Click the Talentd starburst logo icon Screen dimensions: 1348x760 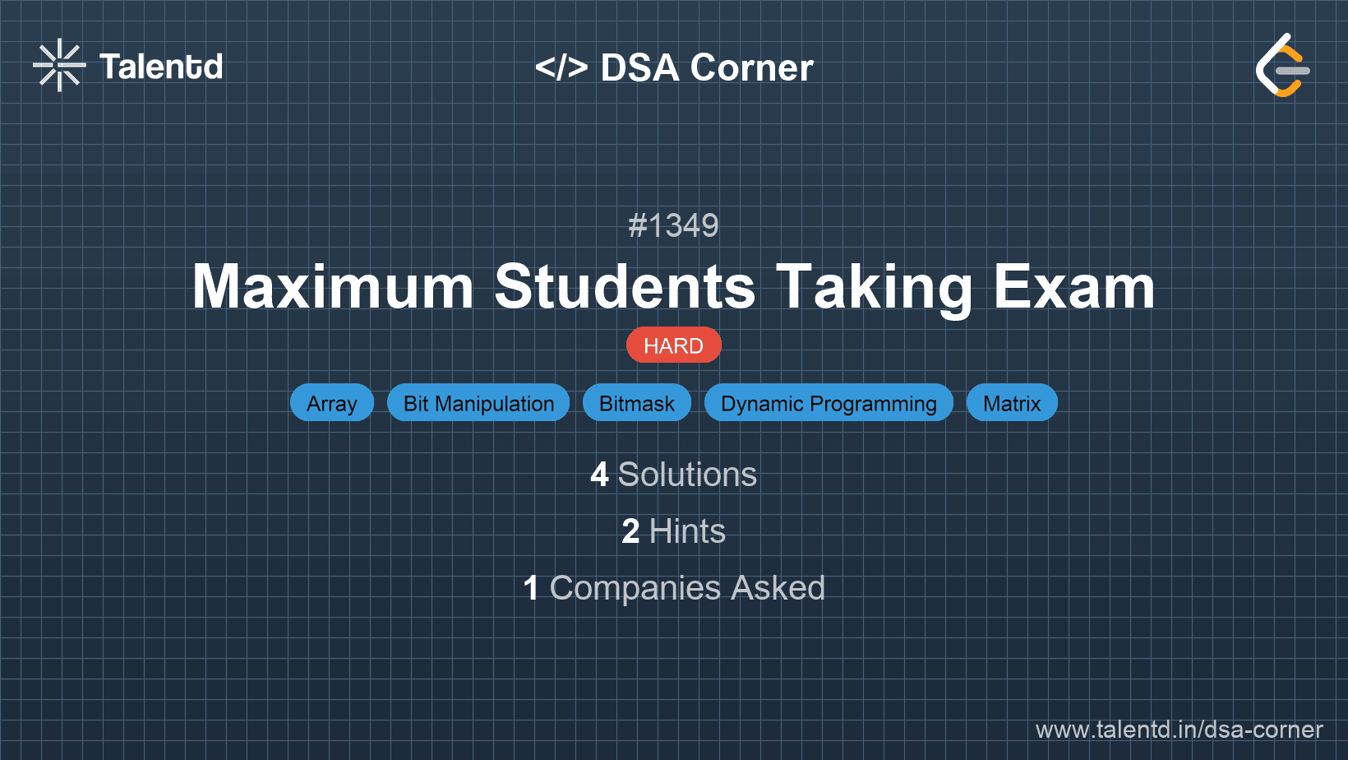coord(59,65)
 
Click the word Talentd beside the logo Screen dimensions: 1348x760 coord(161,67)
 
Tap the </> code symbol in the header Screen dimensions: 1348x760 coord(561,67)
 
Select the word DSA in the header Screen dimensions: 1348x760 coord(639,67)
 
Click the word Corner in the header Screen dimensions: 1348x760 coord(751,67)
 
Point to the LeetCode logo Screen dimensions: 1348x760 coord(1282,65)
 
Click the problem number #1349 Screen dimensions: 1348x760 coord(673,226)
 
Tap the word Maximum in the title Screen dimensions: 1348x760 coord(333,287)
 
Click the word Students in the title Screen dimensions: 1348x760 coord(625,287)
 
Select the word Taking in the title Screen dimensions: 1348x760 coord(874,289)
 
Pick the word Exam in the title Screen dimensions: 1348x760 coord(1073,287)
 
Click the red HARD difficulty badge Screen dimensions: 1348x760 coord(673,345)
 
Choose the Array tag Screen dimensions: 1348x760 coord(331,402)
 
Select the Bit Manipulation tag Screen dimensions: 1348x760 coord(478,402)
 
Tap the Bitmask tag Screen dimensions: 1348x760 coord(637,402)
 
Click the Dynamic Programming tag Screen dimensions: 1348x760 coord(829,402)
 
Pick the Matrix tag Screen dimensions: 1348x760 coord(1012,402)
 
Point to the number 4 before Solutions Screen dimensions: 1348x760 coord(599,475)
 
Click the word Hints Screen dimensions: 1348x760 coord(687,531)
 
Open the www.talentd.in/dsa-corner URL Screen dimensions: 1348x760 coord(1179,730)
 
